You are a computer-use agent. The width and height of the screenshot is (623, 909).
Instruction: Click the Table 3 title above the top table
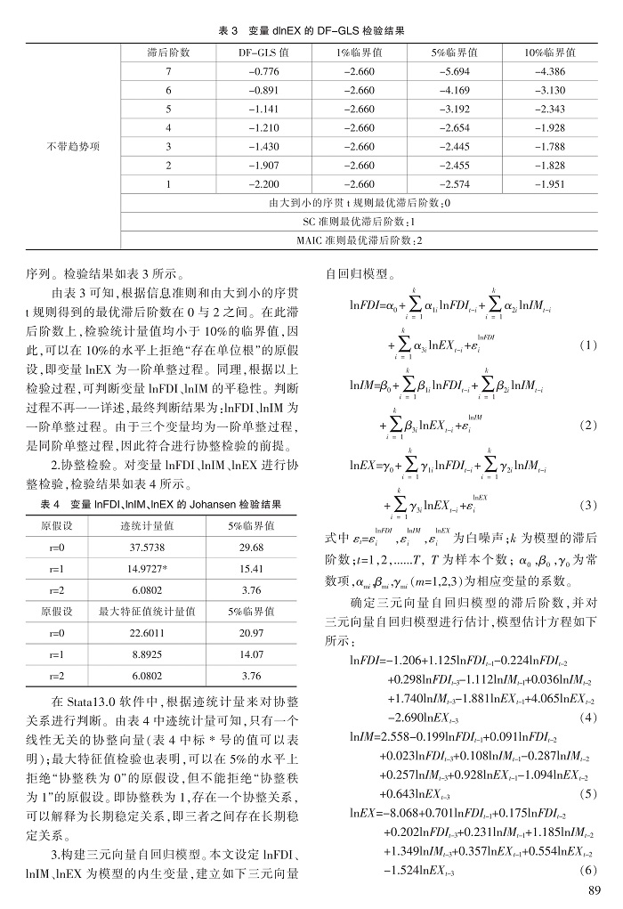311,31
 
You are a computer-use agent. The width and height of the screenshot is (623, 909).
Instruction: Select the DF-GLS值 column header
264,53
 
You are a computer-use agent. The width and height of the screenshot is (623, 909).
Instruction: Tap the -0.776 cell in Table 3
264,70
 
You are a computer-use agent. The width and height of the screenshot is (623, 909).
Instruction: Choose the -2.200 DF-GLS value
264,183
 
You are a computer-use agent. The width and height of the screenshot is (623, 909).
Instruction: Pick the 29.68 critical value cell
251,548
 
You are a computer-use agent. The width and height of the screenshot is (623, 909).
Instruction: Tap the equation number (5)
587,792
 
